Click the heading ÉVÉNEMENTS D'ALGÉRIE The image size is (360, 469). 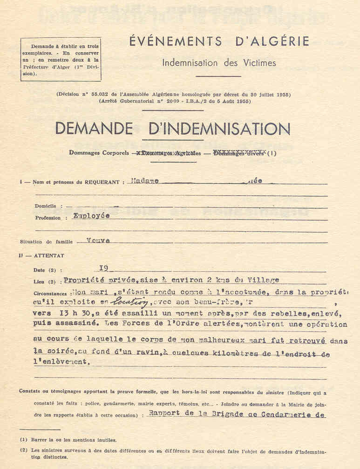point(219,41)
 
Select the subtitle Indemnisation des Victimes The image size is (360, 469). point(219,62)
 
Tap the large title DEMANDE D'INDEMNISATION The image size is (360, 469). point(172,129)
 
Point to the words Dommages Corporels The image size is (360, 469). point(98,152)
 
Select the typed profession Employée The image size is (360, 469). point(91,216)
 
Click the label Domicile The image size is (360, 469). point(45,206)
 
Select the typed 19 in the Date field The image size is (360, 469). point(104,269)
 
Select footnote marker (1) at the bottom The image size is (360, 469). point(24,439)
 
